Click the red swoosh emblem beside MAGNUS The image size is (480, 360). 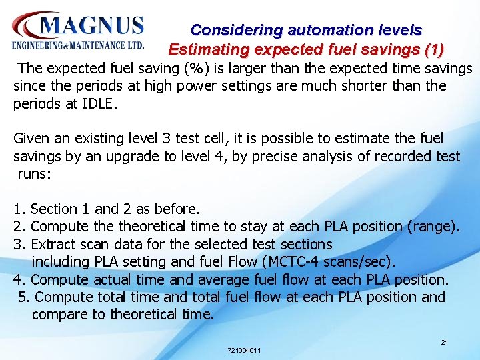27,25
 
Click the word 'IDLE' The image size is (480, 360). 97,103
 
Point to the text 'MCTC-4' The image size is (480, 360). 293,262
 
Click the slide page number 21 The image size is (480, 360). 445,342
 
